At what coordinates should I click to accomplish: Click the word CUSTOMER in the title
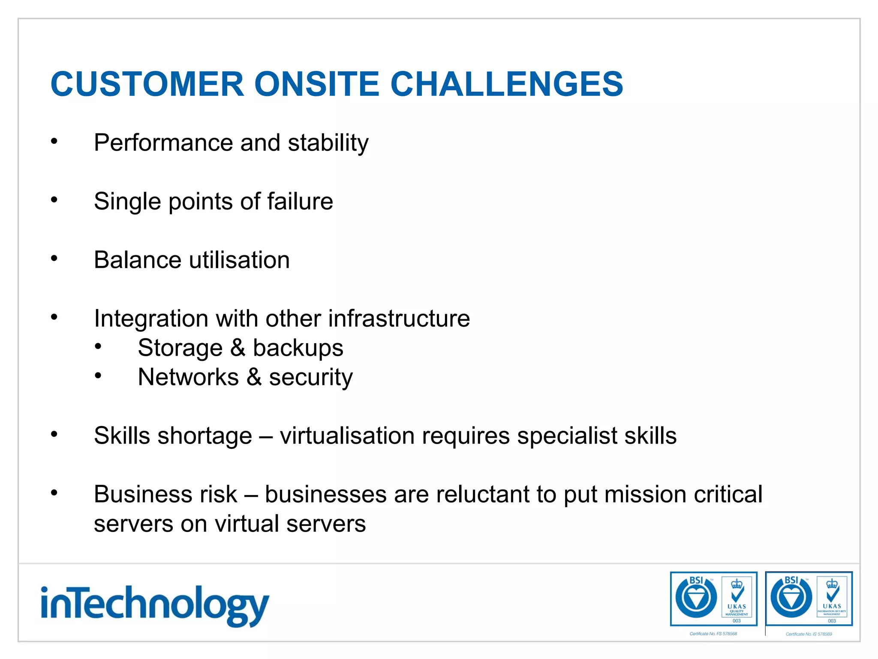click(x=147, y=84)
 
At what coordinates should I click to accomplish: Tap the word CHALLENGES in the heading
click(x=506, y=84)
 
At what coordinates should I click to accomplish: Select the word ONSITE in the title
click(x=317, y=84)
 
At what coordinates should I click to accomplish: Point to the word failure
click(x=300, y=201)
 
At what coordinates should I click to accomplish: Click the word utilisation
click(x=239, y=260)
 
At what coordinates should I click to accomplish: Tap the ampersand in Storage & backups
click(x=238, y=348)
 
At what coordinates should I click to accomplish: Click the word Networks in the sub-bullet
click(x=188, y=377)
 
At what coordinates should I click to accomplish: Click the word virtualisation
click(x=347, y=436)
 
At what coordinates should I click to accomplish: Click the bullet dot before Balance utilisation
click(x=54, y=258)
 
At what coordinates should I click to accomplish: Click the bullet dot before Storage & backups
click(x=98, y=346)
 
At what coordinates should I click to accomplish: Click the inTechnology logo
click(x=154, y=605)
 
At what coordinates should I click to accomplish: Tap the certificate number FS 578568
click(x=713, y=634)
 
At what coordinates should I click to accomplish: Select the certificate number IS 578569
click(x=809, y=634)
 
